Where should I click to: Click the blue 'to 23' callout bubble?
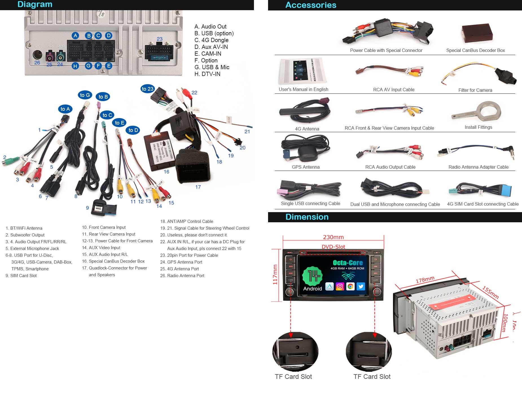[147, 89]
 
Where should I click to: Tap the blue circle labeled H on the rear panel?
[75, 66]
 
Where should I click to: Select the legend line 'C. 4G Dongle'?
[211, 40]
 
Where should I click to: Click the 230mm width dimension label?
[333, 237]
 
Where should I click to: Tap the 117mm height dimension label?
[275, 274]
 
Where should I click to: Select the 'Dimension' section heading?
[307, 217]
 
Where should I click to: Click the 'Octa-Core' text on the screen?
[348, 262]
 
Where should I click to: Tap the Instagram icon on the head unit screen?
[340, 286]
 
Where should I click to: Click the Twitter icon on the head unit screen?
[361, 286]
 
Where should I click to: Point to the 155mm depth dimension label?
[490, 292]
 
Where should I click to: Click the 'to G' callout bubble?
[85, 95]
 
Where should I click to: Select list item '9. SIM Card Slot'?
[21, 276]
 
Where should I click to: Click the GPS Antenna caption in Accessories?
[306, 167]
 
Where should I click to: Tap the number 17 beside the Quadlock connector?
[198, 187]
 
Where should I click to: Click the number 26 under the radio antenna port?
[37, 63]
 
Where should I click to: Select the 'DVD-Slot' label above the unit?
[333, 247]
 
